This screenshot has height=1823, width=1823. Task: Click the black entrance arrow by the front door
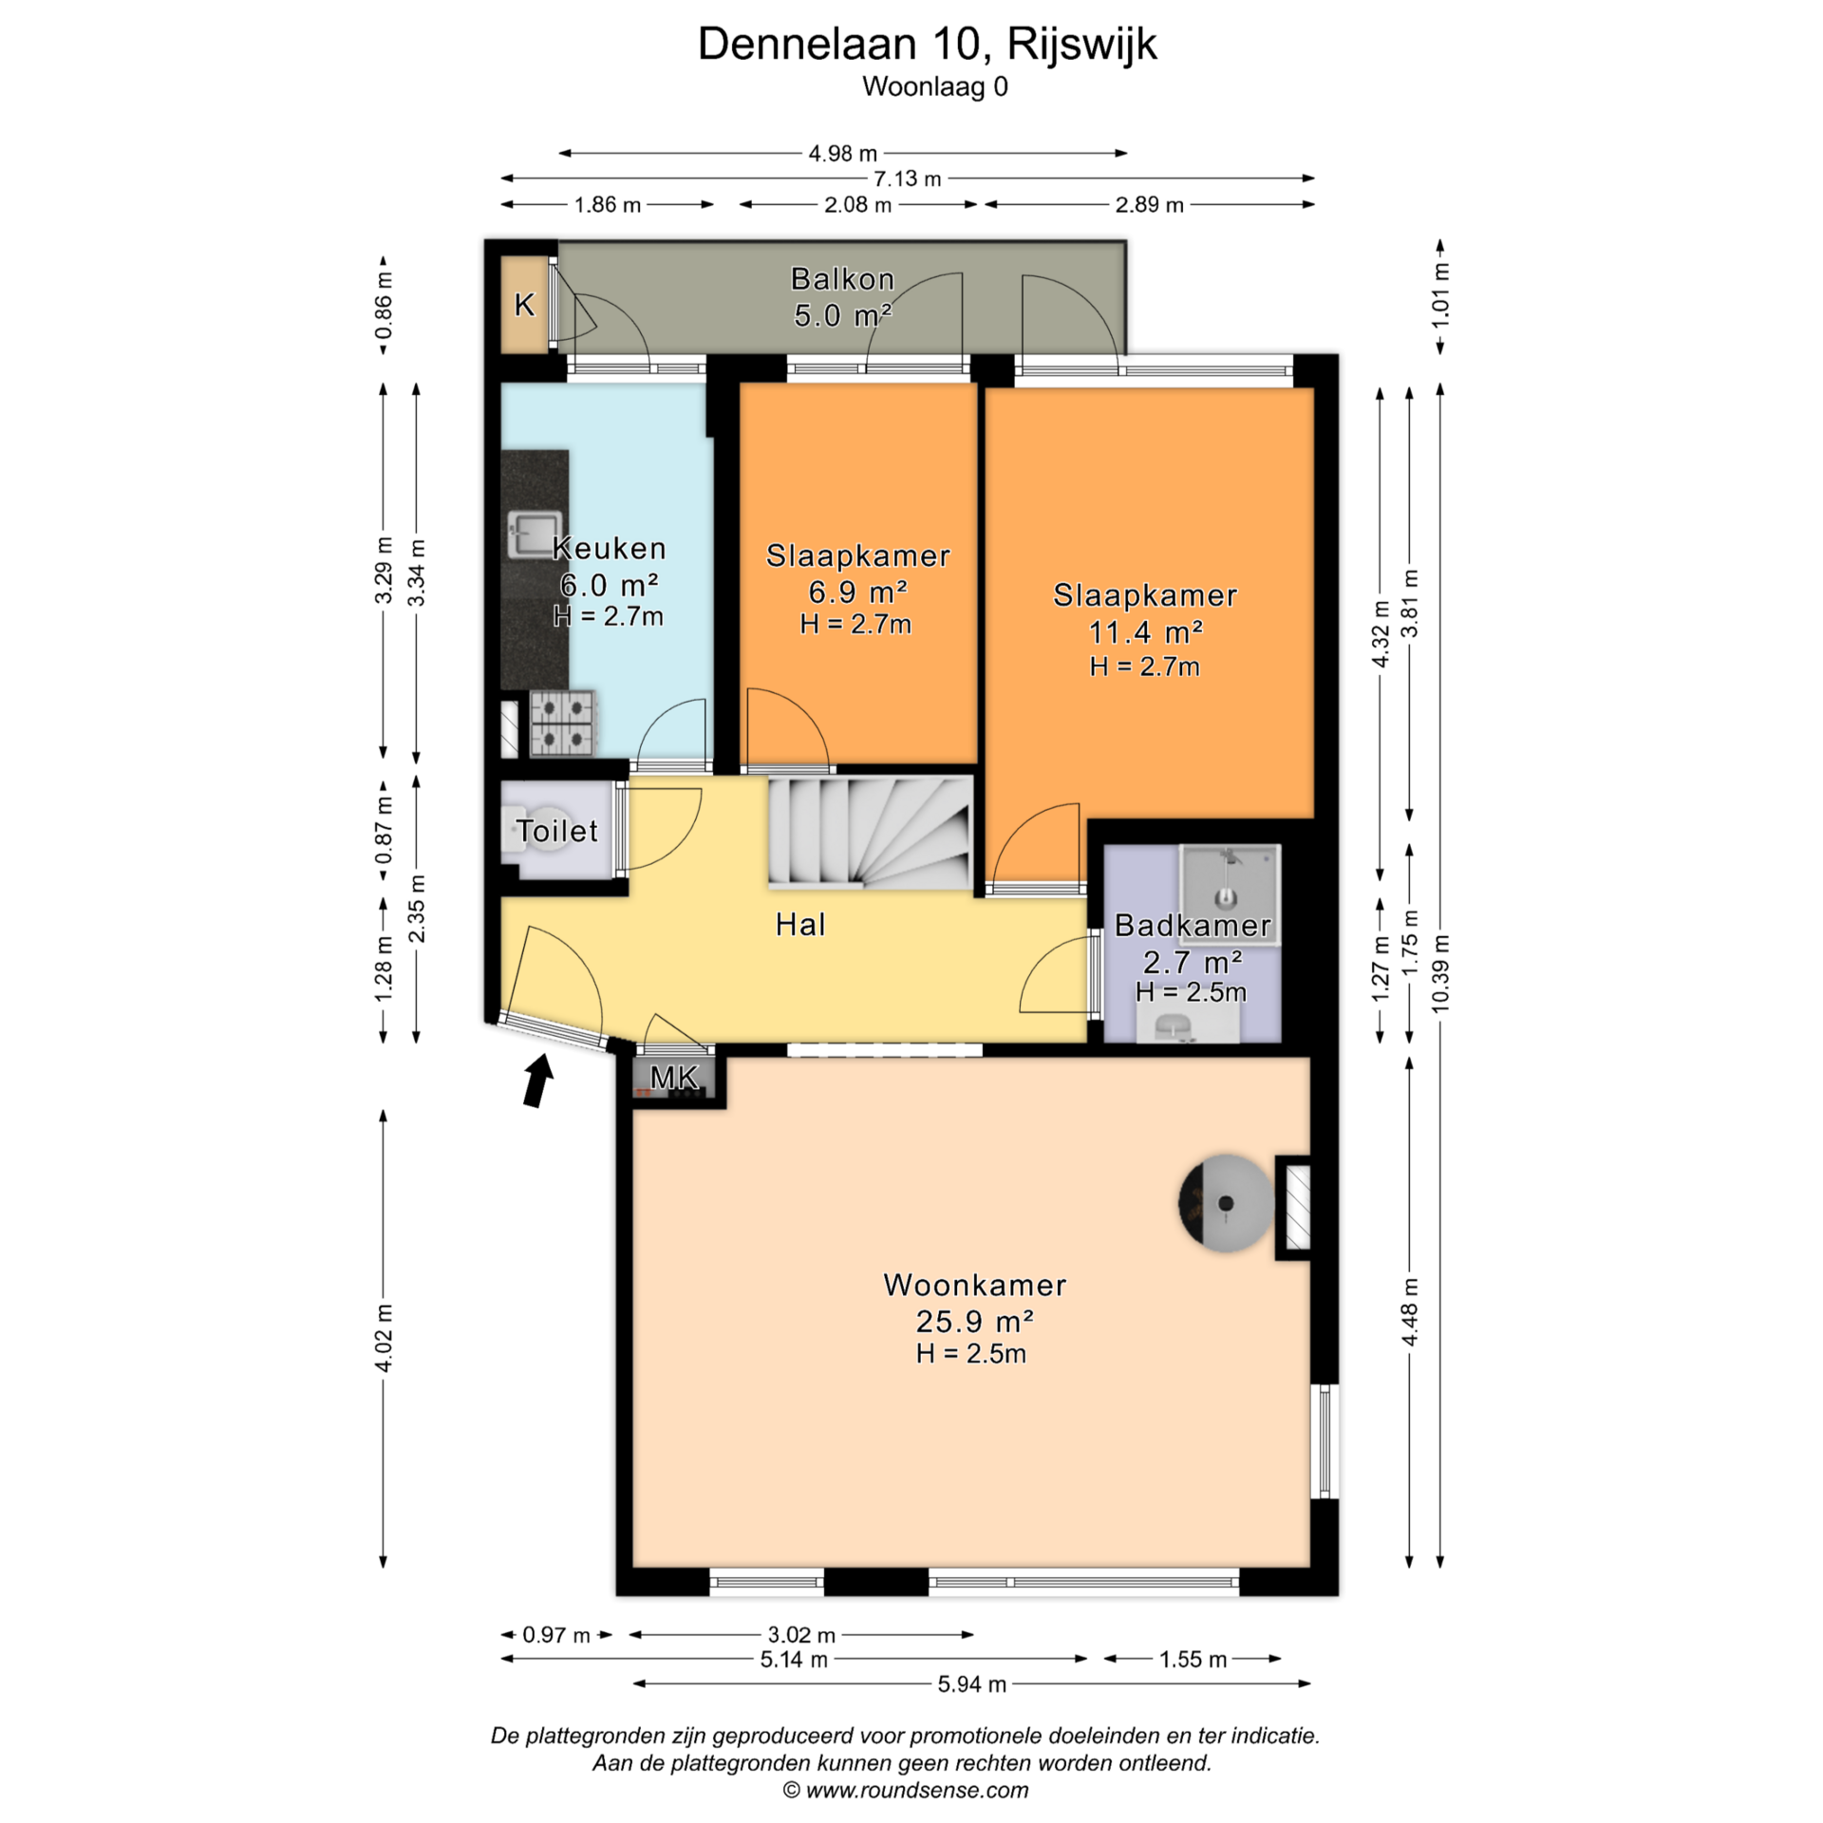pos(538,1081)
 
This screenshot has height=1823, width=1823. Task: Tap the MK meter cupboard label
pos(674,1078)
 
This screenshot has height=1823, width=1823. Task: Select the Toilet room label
pos(557,832)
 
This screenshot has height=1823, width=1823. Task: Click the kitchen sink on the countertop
pos(535,535)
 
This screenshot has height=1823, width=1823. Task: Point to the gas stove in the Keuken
pos(563,723)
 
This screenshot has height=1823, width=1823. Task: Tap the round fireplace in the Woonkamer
pos(1226,1204)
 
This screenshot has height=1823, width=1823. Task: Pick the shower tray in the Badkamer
pos(1230,881)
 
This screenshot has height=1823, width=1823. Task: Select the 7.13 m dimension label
pos(907,179)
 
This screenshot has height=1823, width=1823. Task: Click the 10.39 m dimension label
pos(1440,973)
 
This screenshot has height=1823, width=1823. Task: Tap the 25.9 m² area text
pos(974,1321)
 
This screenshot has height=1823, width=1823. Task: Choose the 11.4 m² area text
pos(1145,631)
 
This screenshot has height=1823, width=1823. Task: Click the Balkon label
pos(842,279)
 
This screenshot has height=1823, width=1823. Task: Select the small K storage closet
pos(524,305)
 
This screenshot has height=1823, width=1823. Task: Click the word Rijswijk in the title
pos(1082,45)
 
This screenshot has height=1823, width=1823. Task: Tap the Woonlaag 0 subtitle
pos(935,87)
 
